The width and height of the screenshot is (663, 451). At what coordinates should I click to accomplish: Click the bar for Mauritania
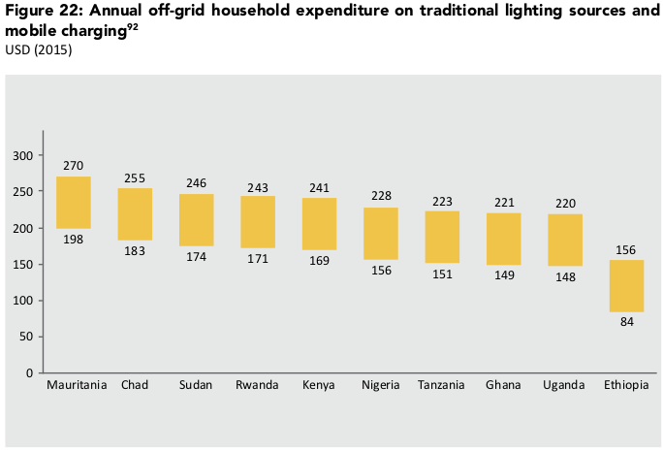coord(74,203)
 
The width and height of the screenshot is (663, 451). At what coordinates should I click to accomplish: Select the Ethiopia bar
coord(626,286)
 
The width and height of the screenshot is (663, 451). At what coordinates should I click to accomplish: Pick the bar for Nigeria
coord(381,234)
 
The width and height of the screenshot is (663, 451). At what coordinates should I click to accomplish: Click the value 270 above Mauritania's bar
coord(74,166)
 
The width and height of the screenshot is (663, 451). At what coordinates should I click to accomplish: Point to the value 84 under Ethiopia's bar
coord(626,323)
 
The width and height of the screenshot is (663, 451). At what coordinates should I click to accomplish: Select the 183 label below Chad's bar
coord(135,251)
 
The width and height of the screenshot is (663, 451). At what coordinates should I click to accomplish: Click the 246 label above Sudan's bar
coord(197,182)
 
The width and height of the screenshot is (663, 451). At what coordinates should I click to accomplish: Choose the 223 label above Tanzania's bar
coord(442,201)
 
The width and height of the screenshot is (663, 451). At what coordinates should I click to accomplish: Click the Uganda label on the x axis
coord(565,385)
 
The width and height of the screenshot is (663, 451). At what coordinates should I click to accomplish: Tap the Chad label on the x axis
coord(135,385)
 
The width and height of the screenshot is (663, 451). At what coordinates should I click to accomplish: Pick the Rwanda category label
coord(258,385)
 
